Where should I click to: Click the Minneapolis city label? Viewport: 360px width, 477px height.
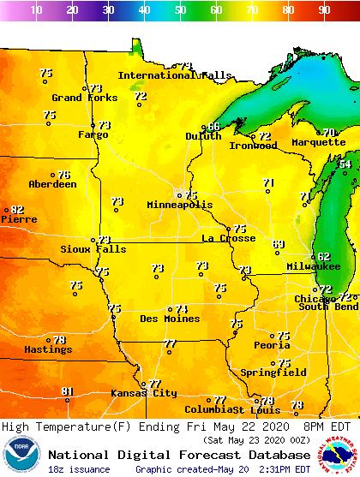(179, 206)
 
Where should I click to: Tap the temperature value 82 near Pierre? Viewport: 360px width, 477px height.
(16, 209)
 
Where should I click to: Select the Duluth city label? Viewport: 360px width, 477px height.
(202, 136)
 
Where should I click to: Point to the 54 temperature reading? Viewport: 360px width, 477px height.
(345, 164)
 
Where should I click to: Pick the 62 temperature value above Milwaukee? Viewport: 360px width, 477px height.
(323, 256)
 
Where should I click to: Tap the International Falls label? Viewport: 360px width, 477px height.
(174, 75)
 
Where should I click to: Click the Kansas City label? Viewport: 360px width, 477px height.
(143, 393)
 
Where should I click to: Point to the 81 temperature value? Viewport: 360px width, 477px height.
(68, 391)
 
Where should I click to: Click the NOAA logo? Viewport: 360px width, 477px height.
(21, 454)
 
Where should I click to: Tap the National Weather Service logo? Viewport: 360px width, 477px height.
(338, 454)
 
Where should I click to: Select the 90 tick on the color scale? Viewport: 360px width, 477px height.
(324, 10)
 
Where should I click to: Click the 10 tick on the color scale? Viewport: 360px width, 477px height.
(36, 10)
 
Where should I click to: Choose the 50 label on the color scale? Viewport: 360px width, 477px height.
(180, 10)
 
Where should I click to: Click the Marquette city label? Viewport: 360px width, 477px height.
(318, 142)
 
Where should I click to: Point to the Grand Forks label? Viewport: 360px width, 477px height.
(85, 98)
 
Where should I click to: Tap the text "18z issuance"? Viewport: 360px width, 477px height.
(79, 469)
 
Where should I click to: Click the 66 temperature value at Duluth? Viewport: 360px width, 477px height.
(213, 127)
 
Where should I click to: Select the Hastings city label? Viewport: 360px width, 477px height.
(47, 349)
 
